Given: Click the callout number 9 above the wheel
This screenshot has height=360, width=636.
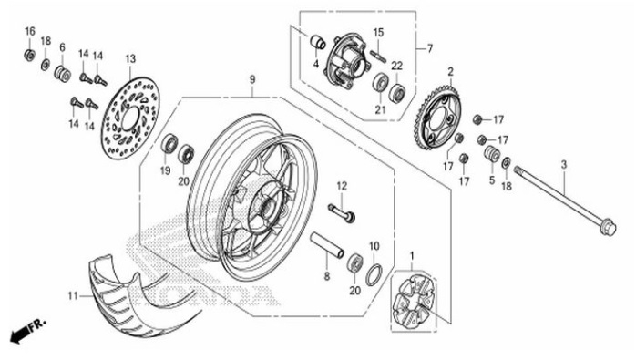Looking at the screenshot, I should pyautogui.click(x=251, y=79).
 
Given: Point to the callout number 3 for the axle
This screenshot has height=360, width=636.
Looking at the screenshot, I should pyautogui.click(x=563, y=164).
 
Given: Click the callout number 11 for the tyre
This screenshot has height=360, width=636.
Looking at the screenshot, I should pyautogui.click(x=73, y=295).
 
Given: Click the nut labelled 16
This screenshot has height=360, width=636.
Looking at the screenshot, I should pyautogui.click(x=29, y=55).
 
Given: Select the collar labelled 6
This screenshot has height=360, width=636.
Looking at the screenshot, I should pyautogui.click(x=64, y=72).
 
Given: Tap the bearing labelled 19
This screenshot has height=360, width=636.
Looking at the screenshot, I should pyautogui.click(x=169, y=144).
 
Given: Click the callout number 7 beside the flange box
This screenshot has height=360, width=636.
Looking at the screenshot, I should pyautogui.click(x=429, y=48).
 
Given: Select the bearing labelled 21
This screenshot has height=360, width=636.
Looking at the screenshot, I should pyautogui.click(x=381, y=86).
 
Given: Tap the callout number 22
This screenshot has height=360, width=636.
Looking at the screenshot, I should pyautogui.click(x=396, y=66).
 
